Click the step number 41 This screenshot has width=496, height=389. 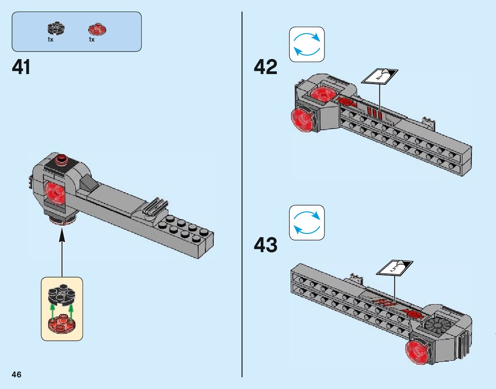[21, 67]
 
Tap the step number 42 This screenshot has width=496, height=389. [265, 67]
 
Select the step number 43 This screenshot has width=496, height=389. [265, 245]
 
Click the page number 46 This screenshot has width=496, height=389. [16, 374]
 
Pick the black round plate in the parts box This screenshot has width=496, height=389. [56, 28]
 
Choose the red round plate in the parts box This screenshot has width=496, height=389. [97, 29]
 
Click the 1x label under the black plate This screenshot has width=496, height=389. [50, 40]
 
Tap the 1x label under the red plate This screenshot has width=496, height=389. [92, 40]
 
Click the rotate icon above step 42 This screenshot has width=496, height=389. [307, 45]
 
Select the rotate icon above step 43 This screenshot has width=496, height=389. [307, 223]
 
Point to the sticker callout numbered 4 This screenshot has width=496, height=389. [379, 77]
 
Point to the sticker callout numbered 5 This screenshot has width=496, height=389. [394, 268]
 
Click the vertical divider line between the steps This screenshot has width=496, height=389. [242, 194]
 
